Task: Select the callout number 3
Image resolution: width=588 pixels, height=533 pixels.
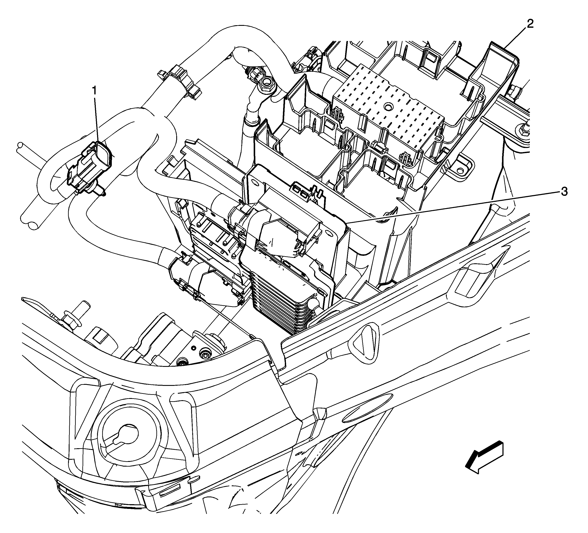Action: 564,192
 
